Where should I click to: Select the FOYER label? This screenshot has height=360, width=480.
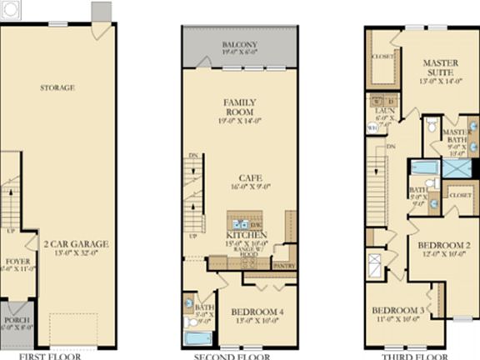(17, 262)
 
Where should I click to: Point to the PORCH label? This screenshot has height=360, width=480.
(16, 320)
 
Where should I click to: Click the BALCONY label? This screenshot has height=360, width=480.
(239, 45)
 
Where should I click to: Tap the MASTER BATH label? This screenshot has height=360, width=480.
(455, 137)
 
